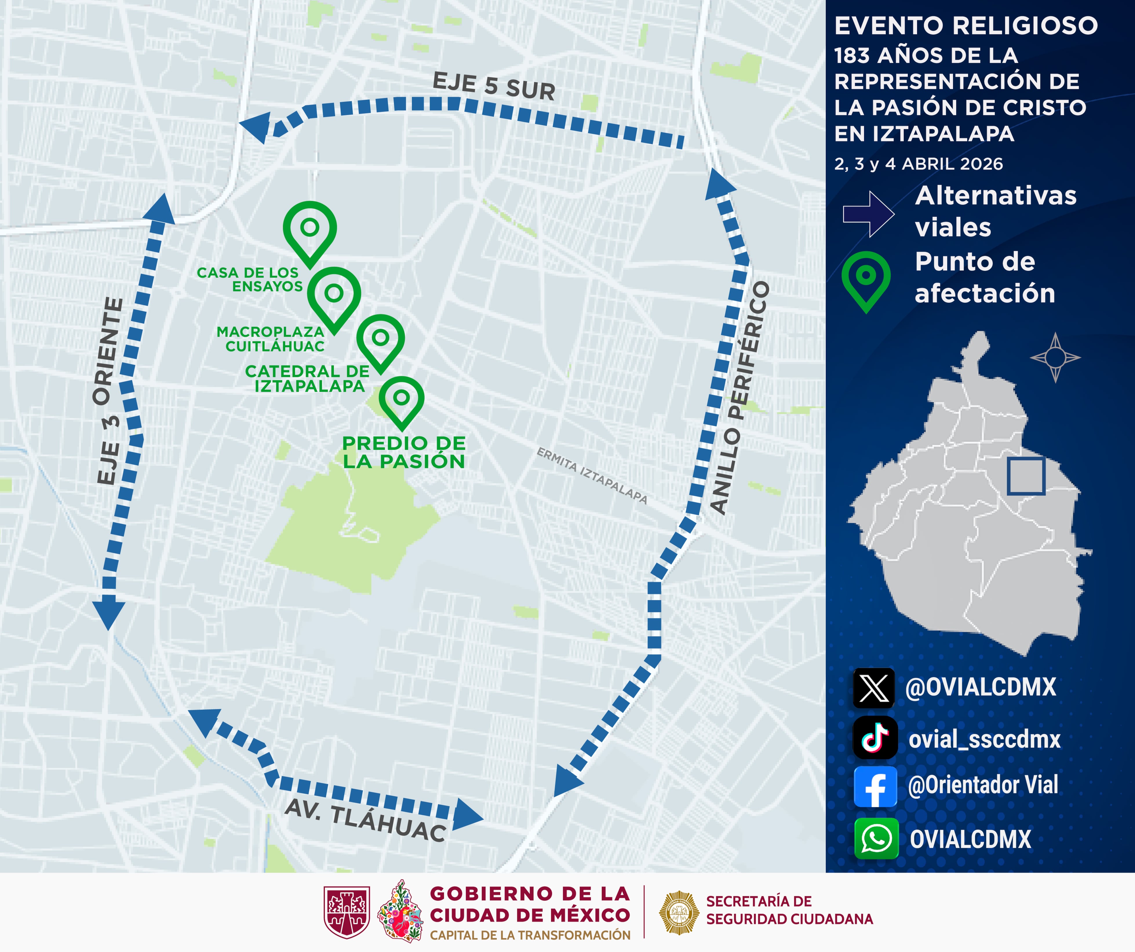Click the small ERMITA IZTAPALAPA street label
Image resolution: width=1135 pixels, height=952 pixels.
[x=592, y=475]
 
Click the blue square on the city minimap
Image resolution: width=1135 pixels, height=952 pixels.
[x=1026, y=476]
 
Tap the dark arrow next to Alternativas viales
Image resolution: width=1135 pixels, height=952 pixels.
[x=868, y=214]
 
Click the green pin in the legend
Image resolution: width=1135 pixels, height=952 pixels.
[x=866, y=279]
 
